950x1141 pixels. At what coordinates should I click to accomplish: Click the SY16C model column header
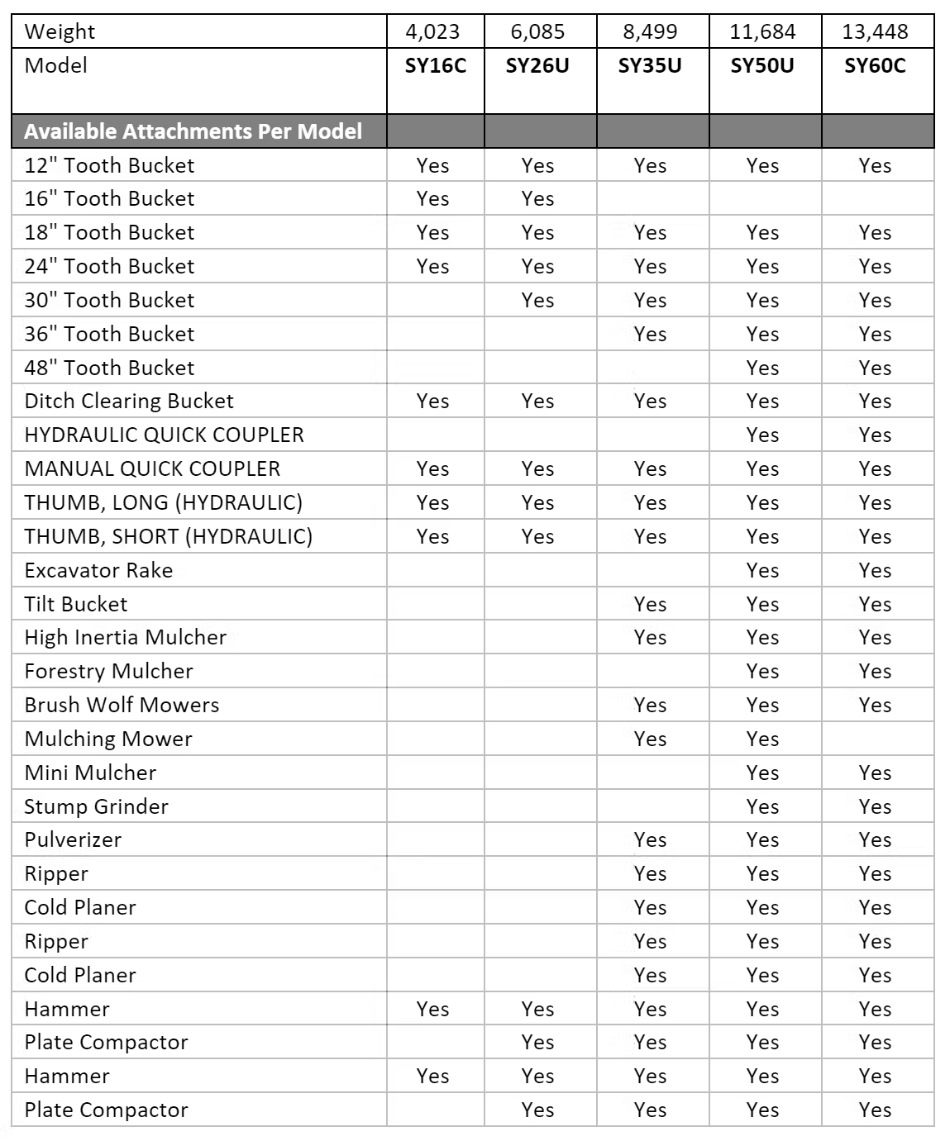(435, 66)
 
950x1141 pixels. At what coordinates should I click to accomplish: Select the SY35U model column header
(650, 66)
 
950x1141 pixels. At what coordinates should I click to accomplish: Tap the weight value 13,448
(875, 32)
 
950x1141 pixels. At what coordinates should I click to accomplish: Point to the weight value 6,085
(537, 32)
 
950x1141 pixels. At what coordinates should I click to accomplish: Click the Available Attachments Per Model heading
(193, 131)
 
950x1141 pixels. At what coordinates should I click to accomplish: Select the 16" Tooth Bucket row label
(109, 199)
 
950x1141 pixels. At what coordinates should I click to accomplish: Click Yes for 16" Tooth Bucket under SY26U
(537, 199)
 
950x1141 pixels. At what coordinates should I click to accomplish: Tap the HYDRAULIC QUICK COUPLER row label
(164, 435)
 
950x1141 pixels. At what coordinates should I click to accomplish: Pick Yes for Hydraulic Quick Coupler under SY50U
(762, 435)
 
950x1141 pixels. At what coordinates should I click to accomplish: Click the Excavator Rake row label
(98, 570)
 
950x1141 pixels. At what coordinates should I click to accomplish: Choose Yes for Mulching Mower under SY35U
(650, 739)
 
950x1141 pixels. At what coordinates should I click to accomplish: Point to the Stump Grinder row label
(96, 806)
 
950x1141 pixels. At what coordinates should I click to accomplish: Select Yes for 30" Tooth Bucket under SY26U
(537, 300)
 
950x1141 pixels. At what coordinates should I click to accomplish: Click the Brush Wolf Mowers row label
(122, 705)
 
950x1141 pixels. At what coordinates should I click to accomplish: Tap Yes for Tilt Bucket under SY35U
(650, 604)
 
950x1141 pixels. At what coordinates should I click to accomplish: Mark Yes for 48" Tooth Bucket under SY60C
(875, 368)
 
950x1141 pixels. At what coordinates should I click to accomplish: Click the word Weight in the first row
(60, 32)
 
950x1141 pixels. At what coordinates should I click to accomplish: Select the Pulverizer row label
(73, 839)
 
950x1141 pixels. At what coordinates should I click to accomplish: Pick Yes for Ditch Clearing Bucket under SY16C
(432, 401)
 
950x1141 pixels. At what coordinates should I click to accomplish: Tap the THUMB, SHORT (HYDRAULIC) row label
(168, 536)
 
